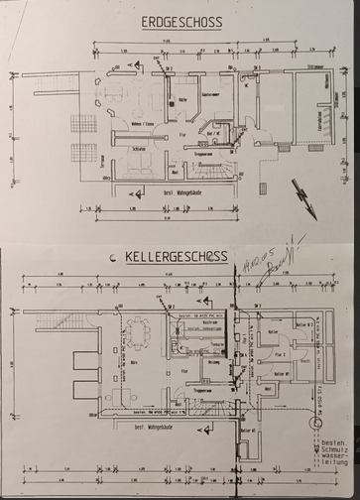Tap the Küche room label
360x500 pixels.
point(184,101)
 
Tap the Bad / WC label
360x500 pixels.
point(212,133)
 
